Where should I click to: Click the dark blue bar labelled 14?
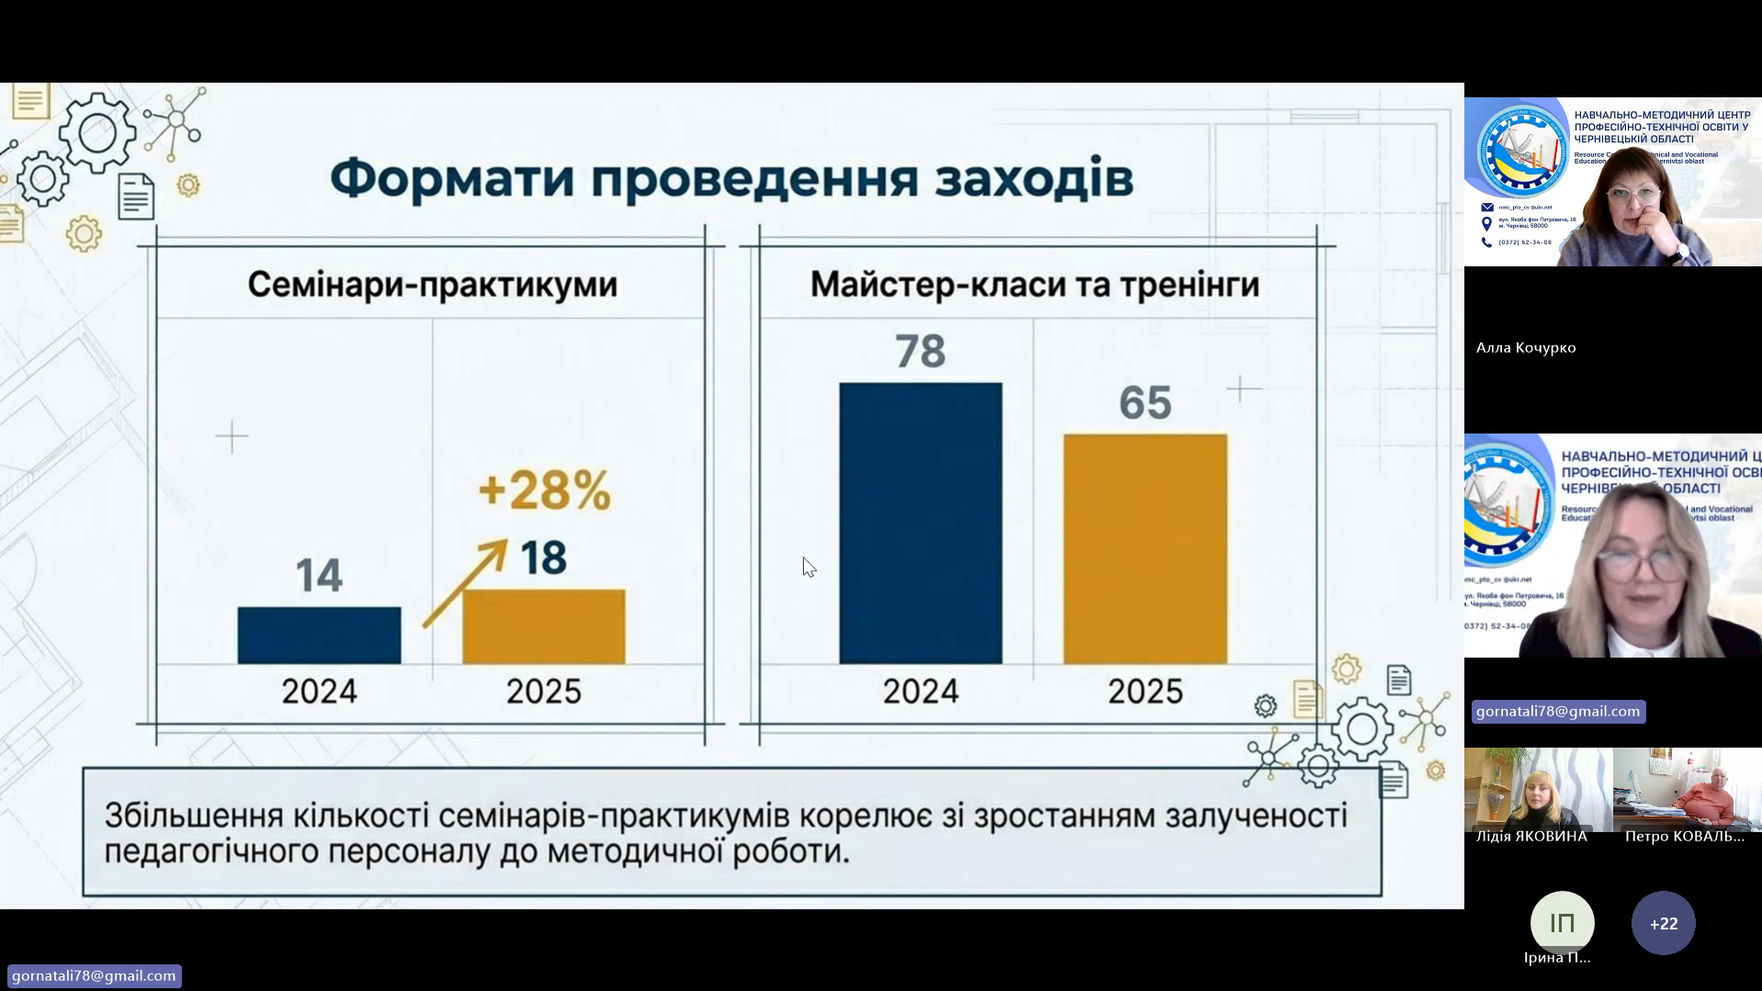(x=319, y=635)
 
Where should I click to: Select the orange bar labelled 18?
(x=543, y=626)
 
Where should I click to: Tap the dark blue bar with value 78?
(x=920, y=523)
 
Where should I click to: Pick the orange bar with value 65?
(x=1145, y=548)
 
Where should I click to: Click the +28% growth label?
(x=544, y=490)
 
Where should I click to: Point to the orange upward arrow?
(x=465, y=582)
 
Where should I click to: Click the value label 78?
(x=920, y=351)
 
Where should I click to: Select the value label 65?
(x=1145, y=402)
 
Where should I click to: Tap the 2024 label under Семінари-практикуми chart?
(x=319, y=692)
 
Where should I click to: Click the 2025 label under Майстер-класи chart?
(x=1145, y=692)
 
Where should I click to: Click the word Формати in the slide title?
(x=451, y=178)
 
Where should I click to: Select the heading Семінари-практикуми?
(x=433, y=285)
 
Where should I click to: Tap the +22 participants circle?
(x=1663, y=923)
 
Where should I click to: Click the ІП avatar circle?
(x=1562, y=923)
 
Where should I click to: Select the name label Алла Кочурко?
(x=1526, y=347)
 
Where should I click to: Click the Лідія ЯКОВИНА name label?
(x=1530, y=836)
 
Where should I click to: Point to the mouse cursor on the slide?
(x=808, y=566)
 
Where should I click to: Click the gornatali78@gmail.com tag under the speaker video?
(x=1557, y=711)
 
